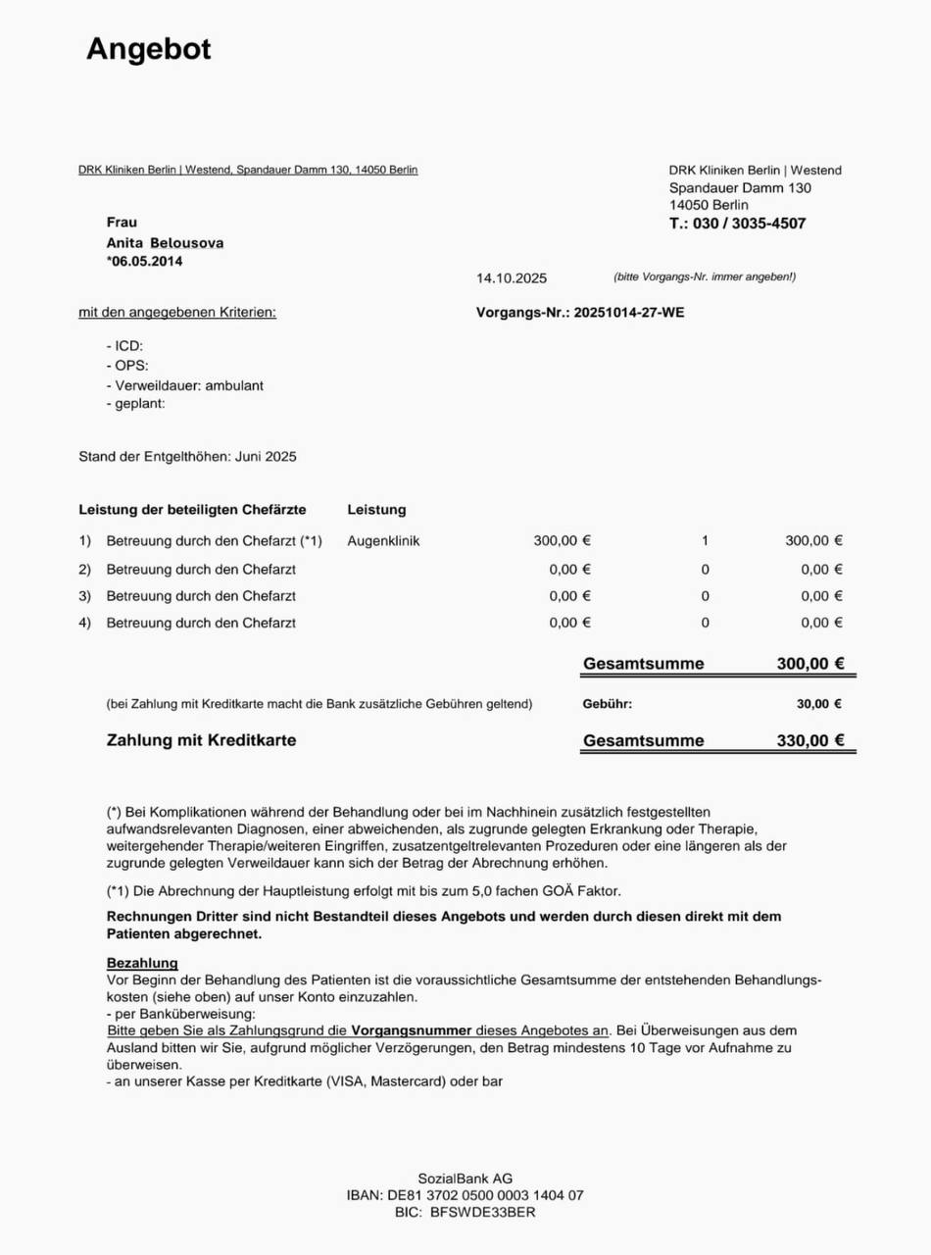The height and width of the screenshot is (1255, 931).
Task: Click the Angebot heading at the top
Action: (x=149, y=49)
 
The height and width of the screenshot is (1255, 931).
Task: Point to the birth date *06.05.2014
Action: (x=144, y=261)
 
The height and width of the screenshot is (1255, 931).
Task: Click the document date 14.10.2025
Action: (x=512, y=278)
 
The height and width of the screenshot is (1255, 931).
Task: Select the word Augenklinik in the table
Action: (x=383, y=540)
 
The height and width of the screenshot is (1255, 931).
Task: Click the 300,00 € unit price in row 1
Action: (x=563, y=540)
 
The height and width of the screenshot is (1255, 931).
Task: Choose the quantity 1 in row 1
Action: (x=705, y=540)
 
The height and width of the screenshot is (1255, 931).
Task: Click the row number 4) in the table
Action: (x=84, y=623)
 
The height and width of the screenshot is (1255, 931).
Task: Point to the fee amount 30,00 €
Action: (x=819, y=704)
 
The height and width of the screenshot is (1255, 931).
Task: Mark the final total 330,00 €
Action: (x=810, y=741)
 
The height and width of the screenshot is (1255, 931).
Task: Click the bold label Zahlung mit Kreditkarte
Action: (x=201, y=741)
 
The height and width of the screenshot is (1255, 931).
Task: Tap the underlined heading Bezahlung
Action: (x=142, y=964)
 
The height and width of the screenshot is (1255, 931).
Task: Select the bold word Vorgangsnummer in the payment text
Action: (x=412, y=1031)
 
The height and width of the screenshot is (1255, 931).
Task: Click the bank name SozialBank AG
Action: (x=465, y=1179)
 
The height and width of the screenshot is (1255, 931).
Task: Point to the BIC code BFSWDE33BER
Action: (x=483, y=1212)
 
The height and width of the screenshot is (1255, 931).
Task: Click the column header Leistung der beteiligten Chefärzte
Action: (x=192, y=510)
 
